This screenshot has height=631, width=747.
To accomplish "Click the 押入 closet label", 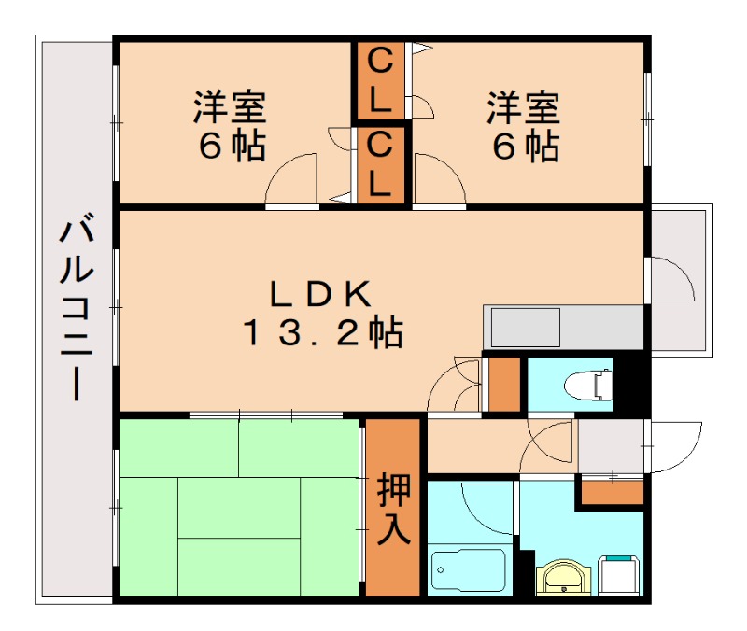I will pyautogui.click(x=393, y=509).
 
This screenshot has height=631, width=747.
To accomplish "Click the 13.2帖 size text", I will pyautogui.click(x=322, y=331).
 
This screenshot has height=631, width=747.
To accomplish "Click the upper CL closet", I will pyautogui.click(x=379, y=81).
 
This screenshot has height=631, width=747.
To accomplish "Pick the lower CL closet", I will pyautogui.click(x=379, y=163).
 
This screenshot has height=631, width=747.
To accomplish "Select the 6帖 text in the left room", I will pyautogui.click(x=230, y=147).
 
